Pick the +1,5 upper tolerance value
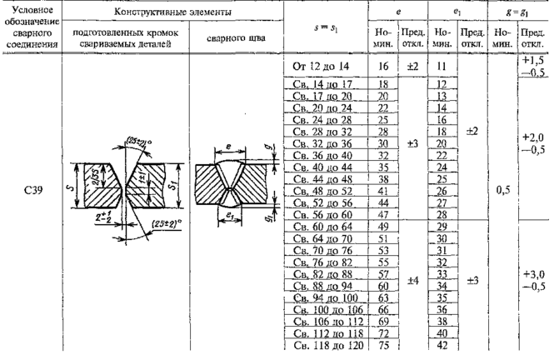click(x=532, y=61)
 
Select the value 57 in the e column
click(x=384, y=272)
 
